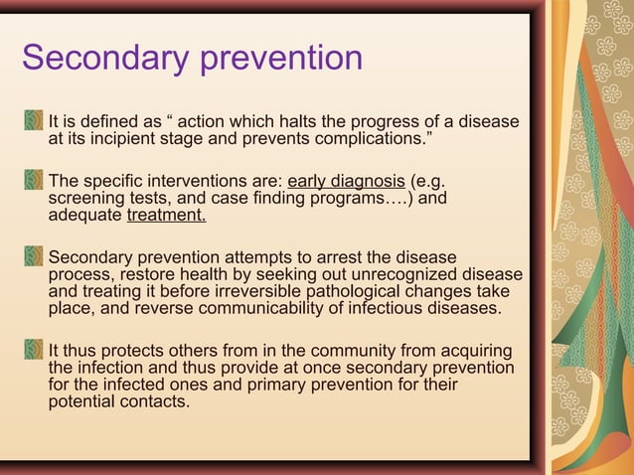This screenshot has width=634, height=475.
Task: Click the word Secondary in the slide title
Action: pyautogui.click(x=104, y=58)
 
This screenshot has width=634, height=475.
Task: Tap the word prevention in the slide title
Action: pyautogui.click(x=281, y=60)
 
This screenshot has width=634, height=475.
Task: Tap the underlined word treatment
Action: pyautogui.click(x=167, y=214)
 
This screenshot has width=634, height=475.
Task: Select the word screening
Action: pyautogui.click(x=86, y=198)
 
